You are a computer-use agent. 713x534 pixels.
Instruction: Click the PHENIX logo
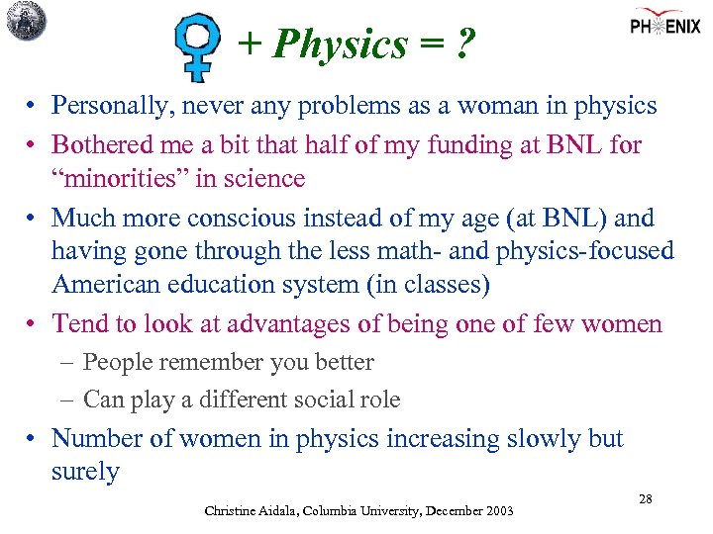pos(667,25)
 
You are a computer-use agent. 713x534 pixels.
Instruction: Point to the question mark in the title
pos(463,44)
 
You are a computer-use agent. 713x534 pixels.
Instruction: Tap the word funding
pos(468,145)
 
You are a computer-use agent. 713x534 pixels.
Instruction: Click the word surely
pos(84,472)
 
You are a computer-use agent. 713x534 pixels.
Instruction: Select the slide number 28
pos(645,499)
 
